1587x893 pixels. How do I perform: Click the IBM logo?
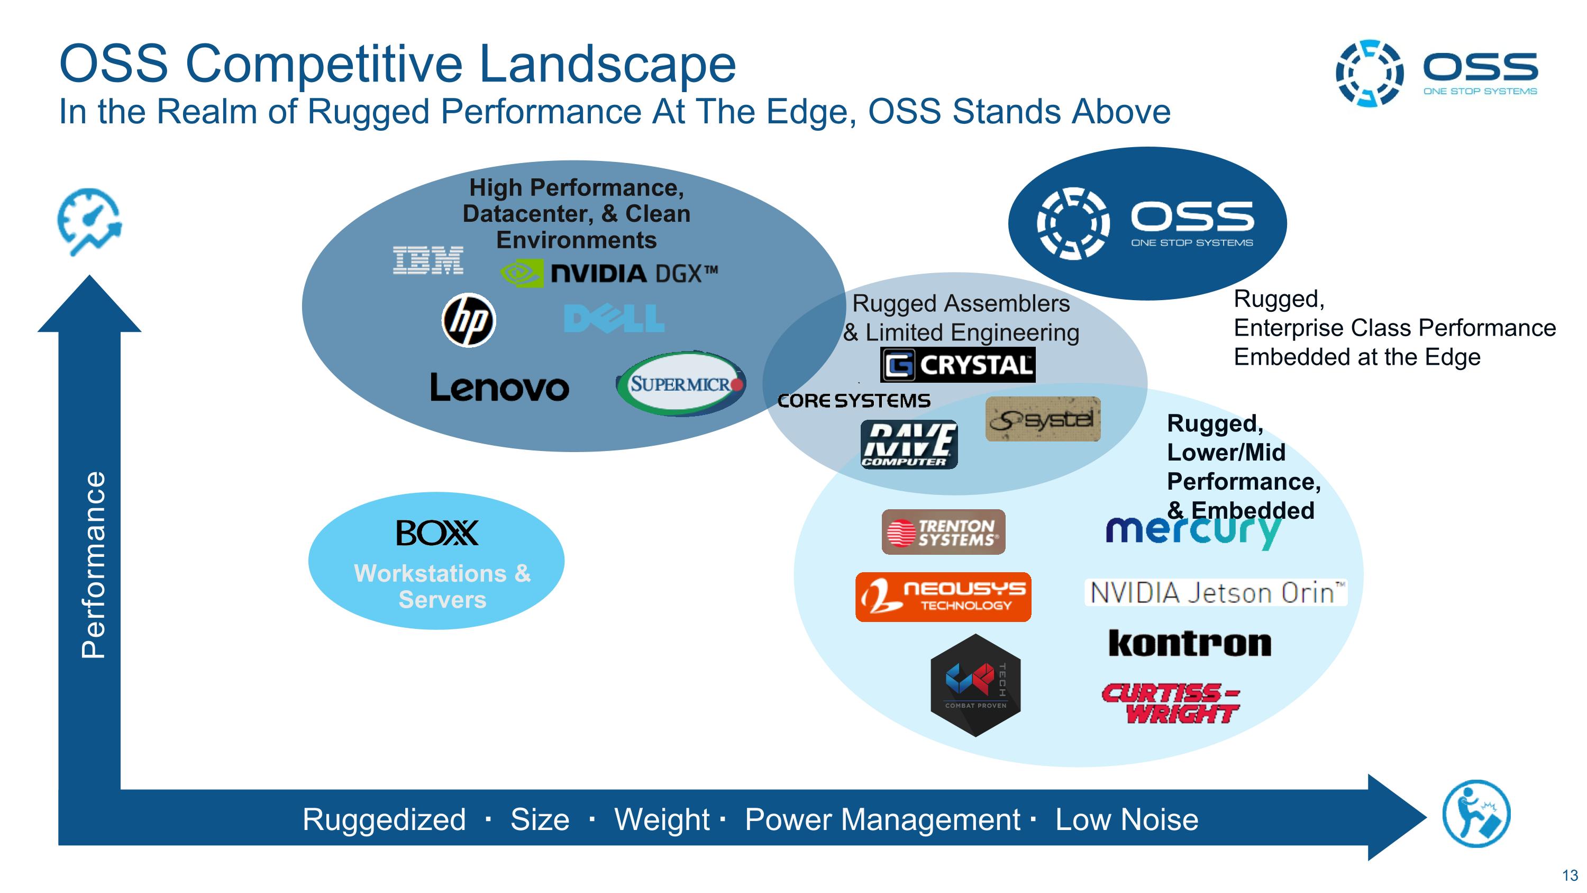click(428, 260)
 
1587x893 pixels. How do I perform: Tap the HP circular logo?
click(469, 320)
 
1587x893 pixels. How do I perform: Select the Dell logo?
click(614, 319)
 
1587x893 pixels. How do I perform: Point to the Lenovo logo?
click(499, 387)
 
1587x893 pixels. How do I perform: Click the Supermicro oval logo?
click(681, 384)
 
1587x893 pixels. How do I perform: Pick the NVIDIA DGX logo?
click(609, 273)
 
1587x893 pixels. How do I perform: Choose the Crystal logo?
click(957, 365)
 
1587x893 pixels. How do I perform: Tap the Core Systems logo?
click(854, 401)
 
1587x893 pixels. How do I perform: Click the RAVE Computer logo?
click(909, 444)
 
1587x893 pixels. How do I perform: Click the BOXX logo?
click(437, 533)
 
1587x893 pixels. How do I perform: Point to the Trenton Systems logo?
click(943, 532)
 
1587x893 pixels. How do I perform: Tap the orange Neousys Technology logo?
click(943, 597)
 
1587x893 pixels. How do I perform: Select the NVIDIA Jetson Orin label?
click(1216, 593)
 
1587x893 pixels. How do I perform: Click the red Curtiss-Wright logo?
click(1170, 703)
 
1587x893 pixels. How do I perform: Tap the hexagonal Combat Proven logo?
click(975, 685)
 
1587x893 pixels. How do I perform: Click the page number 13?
click(1570, 875)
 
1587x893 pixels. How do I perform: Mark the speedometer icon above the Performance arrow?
click(89, 222)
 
